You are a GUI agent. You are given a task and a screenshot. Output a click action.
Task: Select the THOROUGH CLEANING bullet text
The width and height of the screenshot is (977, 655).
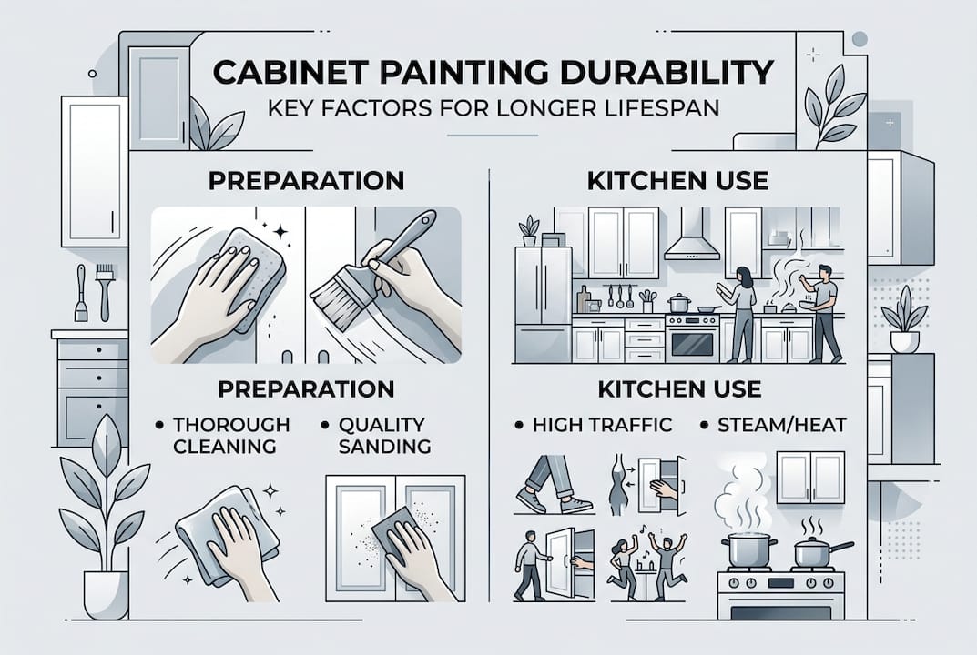[x=230, y=435]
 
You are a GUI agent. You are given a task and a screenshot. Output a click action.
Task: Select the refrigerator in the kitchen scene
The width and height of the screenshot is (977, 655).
[x=543, y=304]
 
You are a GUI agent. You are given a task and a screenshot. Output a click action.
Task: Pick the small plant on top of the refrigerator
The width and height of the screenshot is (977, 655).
[x=528, y=230]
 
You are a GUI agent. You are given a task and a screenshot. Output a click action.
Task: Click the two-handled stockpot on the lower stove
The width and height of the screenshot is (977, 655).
[x=748, y=550]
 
